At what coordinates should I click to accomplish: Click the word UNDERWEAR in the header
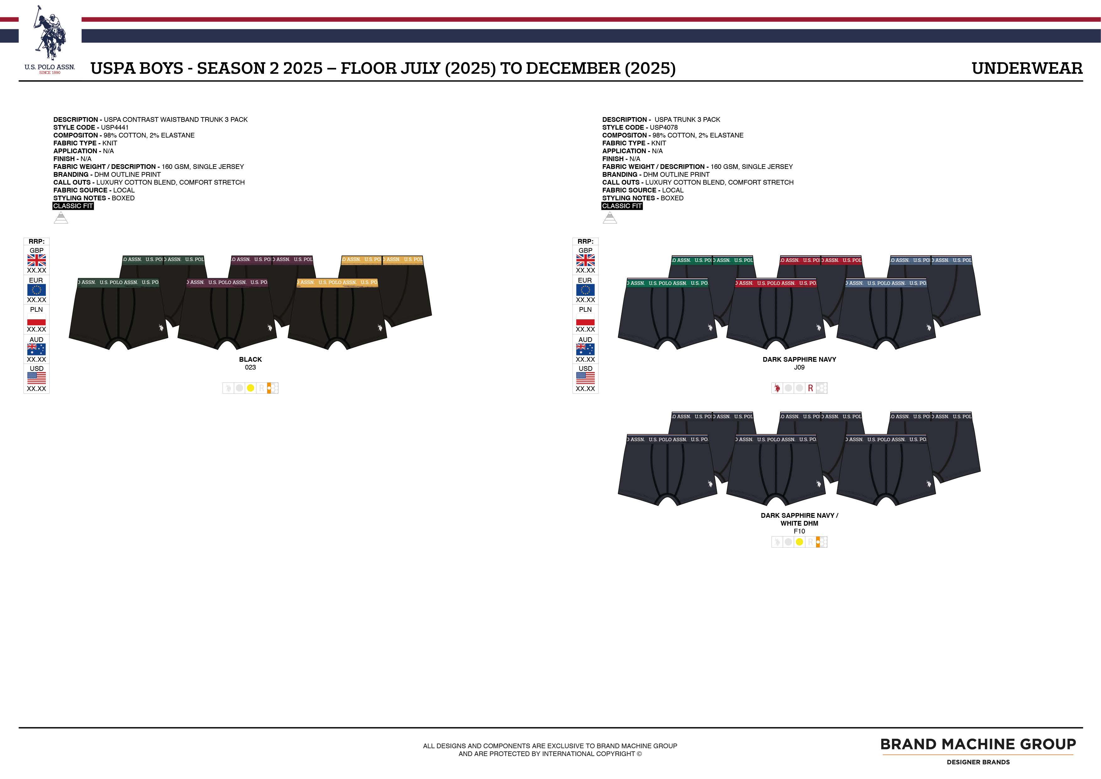coord(1027,68)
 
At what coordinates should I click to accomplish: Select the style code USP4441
coord(115,127)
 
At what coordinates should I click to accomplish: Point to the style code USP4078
coord(664,127)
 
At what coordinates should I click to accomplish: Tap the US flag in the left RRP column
coord(36,378)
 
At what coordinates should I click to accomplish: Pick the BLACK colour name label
coord(250,359)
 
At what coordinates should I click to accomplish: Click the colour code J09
coord(799,367)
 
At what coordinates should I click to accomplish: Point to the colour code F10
coord(799,531)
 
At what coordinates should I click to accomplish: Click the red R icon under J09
coord(810,388)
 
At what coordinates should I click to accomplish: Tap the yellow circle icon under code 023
coord(250,388)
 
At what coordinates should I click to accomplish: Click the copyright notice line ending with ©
coord(550,754)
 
